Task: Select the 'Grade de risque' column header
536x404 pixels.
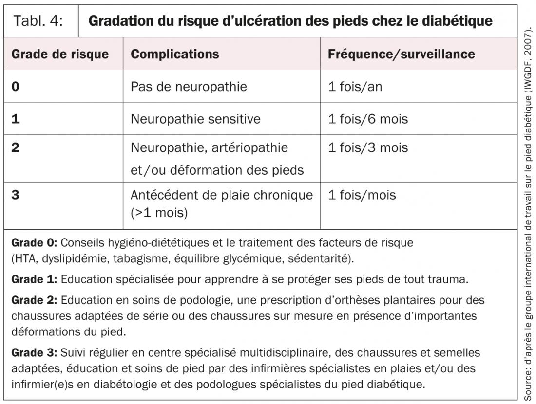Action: pos(60,54)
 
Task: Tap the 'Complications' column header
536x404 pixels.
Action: pos(174,54)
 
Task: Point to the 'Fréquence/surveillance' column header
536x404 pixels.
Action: pos(401,54)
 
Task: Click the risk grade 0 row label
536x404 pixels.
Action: pos(16,87)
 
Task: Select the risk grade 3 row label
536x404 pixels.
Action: pos(16,195)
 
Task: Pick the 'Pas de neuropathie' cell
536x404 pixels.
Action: pos(189,87)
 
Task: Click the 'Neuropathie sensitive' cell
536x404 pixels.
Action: pos(195,119)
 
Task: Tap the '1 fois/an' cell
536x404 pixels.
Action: pos(355,87)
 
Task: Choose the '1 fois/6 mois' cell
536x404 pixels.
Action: pos(367,119)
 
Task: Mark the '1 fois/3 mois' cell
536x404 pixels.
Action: pos(367,147)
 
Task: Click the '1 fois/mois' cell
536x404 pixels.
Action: pos(362,195)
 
